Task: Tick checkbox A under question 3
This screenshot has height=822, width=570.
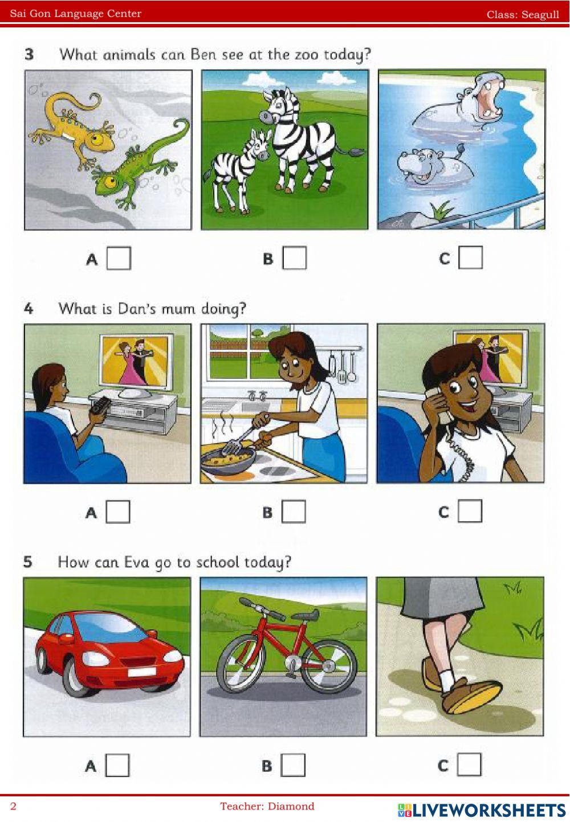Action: coord(119,259)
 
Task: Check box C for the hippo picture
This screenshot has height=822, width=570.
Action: coord(470,257)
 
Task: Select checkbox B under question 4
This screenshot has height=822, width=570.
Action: coord(294,511)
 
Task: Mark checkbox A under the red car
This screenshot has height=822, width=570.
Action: coord(117,765)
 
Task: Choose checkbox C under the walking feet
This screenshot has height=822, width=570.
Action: coord(469,764)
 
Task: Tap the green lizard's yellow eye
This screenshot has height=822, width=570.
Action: coord(109,181)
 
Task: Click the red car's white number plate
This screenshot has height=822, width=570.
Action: coord(142,672)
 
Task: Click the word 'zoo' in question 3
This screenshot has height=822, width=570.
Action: coord(307,55)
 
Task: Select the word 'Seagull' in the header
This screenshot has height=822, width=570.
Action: coord(540,15)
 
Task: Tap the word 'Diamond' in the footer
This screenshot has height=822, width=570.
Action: coord(291,806)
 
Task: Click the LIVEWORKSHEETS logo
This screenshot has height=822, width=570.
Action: coord(482,810)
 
